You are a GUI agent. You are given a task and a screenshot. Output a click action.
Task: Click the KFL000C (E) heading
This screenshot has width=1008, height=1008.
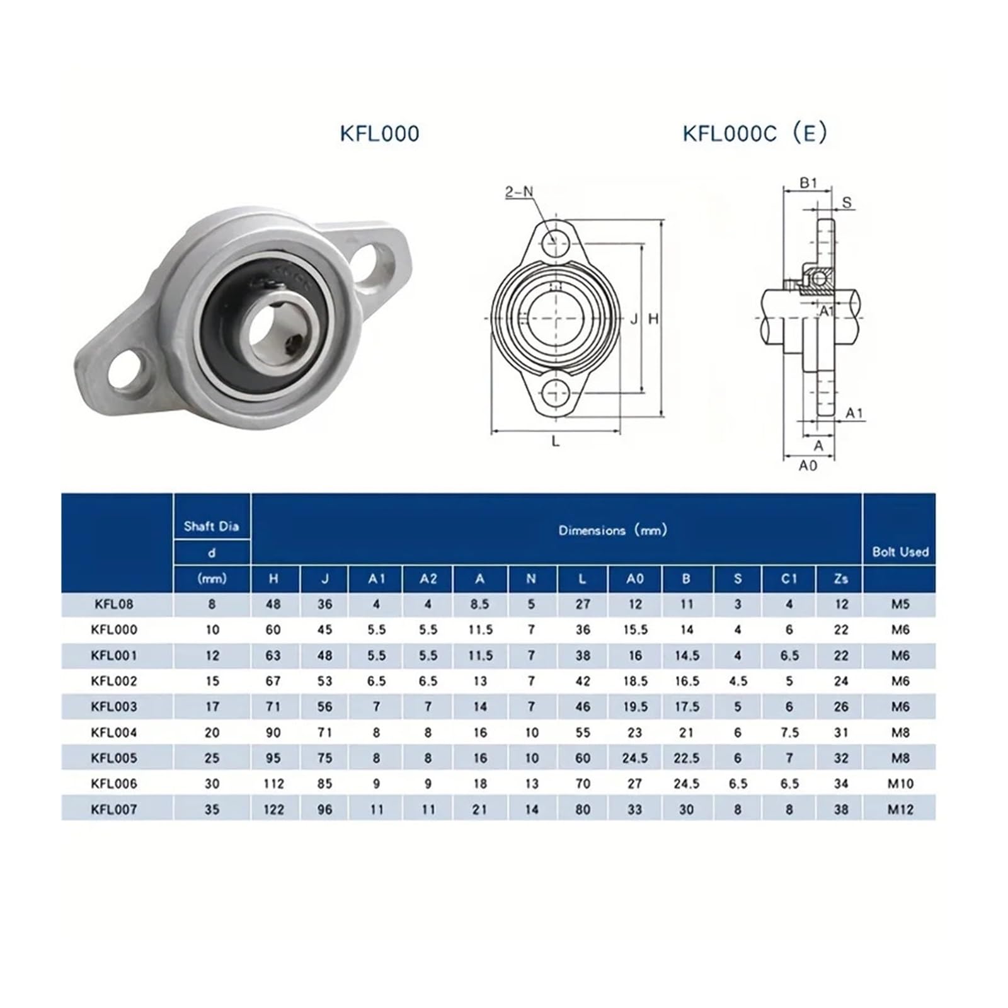pyautogui.click(x=755, y=134)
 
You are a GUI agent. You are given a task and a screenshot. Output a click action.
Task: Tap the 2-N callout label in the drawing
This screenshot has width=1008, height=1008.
pyautogui.click(x=518, y=192)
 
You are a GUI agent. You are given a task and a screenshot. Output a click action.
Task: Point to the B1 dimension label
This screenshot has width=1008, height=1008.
pyautogui.click(x=808, y=183)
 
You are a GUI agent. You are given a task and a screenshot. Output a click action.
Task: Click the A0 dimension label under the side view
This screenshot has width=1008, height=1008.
pyautogui.click(x=808, y=466)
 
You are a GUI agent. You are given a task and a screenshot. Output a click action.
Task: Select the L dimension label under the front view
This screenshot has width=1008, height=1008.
pyautogui.click(x=555, y=442)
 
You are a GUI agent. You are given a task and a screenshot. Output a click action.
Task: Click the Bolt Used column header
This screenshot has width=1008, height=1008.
pyautogui.click(x=900, y=552)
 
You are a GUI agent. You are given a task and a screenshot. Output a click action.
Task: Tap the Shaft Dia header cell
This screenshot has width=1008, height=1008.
pyautogui.click(x=211, y=527)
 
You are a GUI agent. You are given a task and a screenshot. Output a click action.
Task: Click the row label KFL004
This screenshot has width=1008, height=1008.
pyautogui.click(x=114, y=733)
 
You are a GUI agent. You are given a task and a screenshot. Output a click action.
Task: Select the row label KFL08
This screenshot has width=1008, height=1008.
pyautogui.click(x=114, y=604)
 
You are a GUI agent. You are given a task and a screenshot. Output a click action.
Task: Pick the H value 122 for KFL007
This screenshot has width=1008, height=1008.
pyautogui.click(x=273, y=810)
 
